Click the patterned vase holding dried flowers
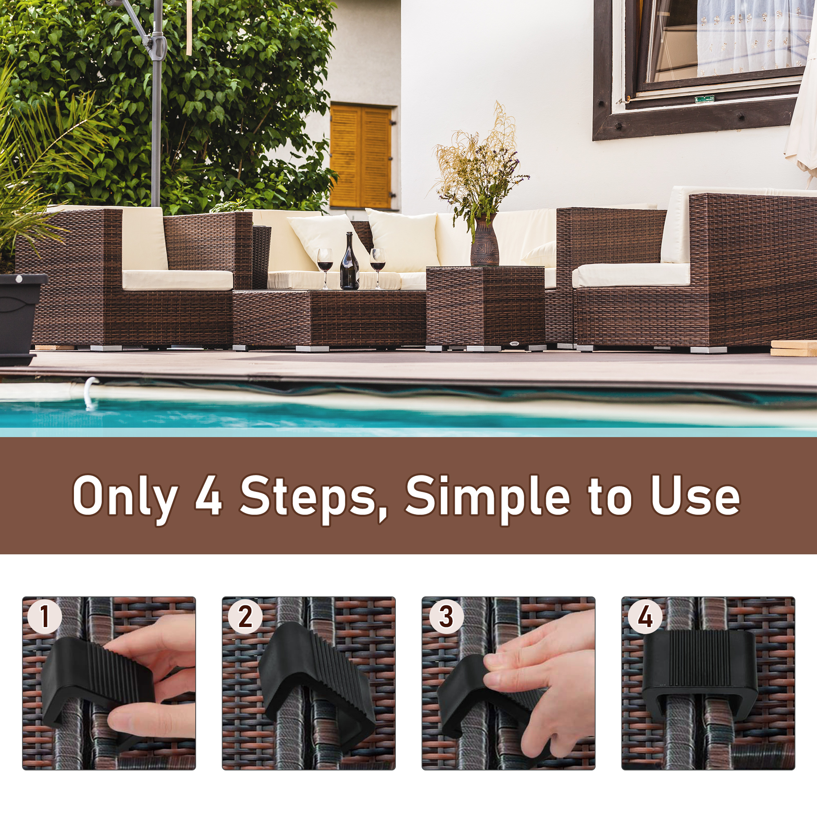tap(484, 241)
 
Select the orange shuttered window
tap(361, 157)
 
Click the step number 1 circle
tap(45, 616)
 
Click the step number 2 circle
tap(245, 616)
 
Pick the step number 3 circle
tap(446, 616)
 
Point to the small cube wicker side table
tap(485, 307)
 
